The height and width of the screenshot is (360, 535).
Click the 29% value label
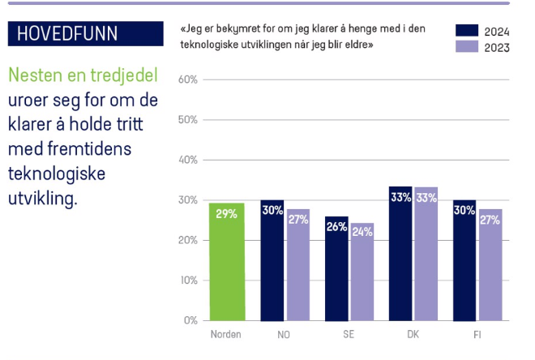click(225, 213)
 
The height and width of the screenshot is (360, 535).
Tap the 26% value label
click(336, 227)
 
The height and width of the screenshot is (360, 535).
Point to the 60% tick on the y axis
click(187, 80)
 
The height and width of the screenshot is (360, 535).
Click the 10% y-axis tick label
click(187, 281)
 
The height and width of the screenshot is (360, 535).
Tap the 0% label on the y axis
click(190, 320)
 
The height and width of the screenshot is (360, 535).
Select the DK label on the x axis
click(413, 334)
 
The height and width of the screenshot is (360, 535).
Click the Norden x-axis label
click(225, 334)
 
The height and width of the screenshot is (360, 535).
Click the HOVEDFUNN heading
click(67, 33)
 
